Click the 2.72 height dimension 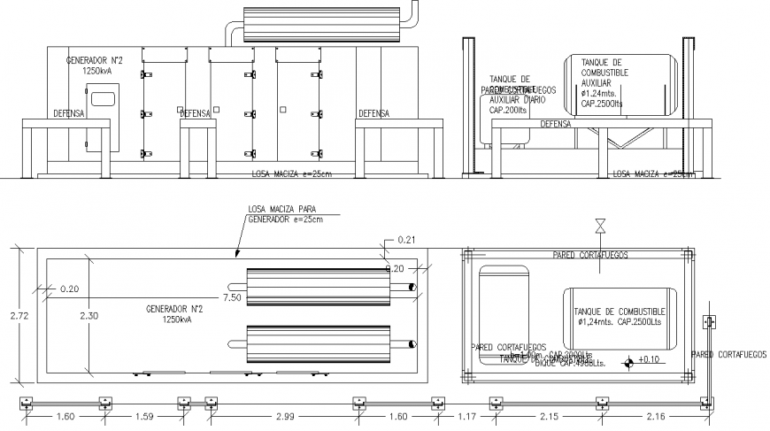(10, 314)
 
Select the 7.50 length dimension (234, 297)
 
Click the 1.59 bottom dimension (144, 415)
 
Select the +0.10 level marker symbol (628, 360)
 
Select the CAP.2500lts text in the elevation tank (602, 103)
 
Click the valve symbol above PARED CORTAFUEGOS (601, 226)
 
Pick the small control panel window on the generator (104, 97)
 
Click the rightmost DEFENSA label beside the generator (373, 113)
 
